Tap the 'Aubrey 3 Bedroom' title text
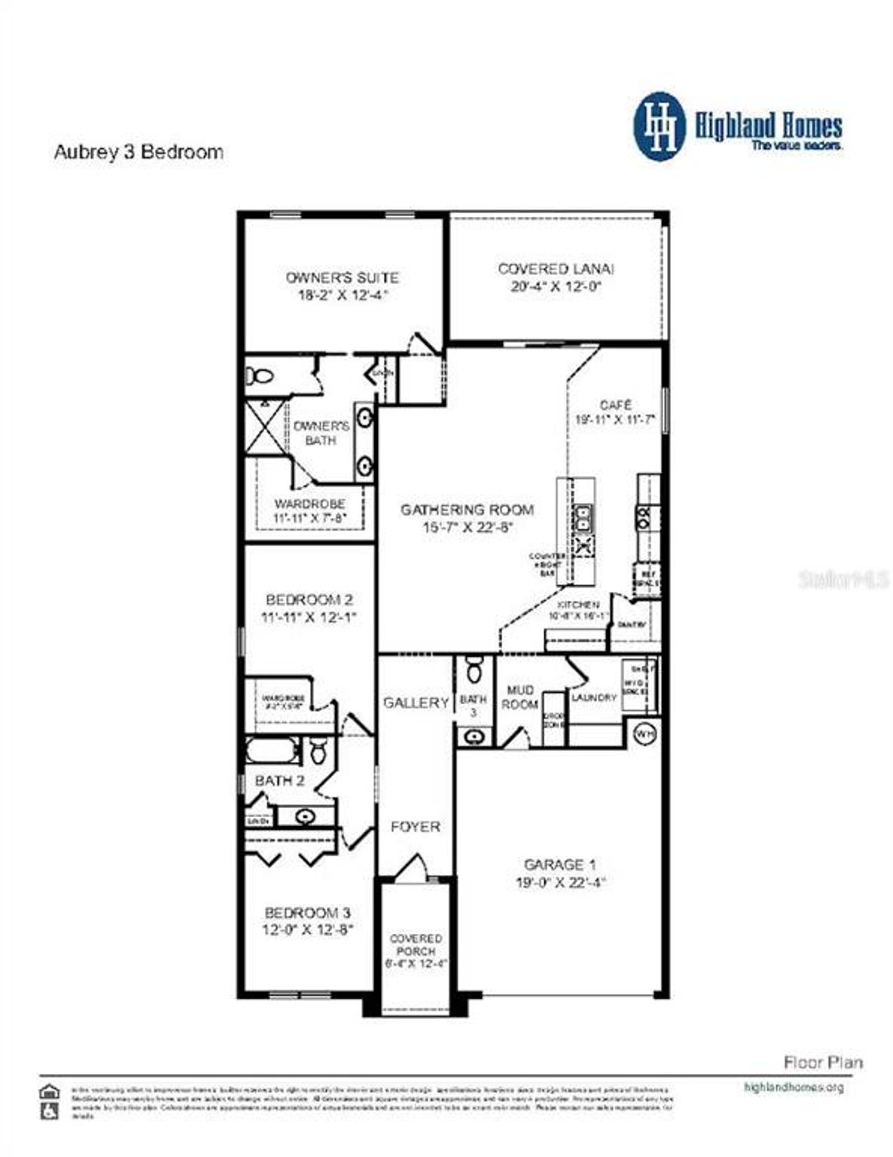point(139,152)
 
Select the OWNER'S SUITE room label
point(343,277)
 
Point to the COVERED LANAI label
point(556,269)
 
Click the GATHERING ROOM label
point(467,510)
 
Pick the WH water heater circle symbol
point(645,735)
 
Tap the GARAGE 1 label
point(560,865)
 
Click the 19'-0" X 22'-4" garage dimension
point(560,883)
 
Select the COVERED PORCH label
point(416,945)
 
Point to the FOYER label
point(415,827)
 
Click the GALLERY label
point(416,703)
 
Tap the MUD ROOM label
point(520,697)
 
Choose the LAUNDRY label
point(594,697)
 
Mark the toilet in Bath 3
point(474,671)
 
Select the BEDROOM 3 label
point(308,913)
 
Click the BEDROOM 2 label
point(309,599)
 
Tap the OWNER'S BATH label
point(321,433)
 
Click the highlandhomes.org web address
point(794,1087)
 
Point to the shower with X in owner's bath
point(265,427)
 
